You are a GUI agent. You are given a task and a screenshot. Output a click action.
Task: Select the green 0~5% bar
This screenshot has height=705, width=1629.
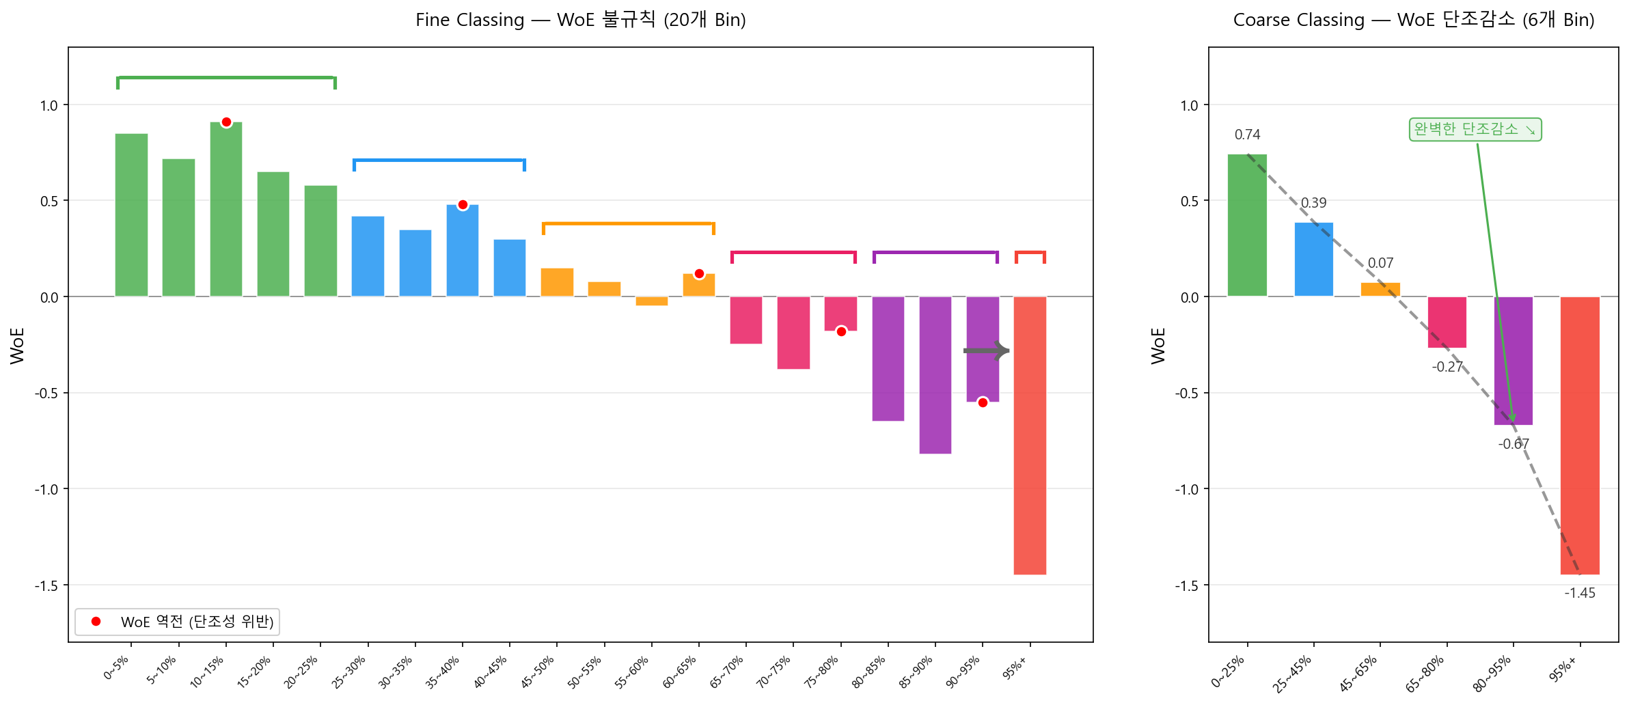(x=131, y=215)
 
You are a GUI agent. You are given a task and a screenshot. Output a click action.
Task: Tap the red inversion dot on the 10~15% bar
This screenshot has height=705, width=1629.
(x=226, y=122)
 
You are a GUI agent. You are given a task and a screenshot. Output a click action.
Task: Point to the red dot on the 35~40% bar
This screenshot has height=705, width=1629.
(x=463, y=205)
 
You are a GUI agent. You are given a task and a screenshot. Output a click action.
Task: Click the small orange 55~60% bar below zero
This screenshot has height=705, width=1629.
(x=652, y=301)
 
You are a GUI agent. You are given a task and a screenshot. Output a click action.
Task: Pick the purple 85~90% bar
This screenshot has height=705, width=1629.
(x=935, y=375)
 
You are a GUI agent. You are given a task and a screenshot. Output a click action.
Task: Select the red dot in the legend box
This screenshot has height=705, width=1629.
(x=96, y=621)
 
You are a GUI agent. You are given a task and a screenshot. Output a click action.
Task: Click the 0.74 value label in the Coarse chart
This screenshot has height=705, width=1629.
(x=1247, y=135)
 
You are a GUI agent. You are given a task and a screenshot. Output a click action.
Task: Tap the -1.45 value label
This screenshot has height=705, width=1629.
(x=1580, y=593)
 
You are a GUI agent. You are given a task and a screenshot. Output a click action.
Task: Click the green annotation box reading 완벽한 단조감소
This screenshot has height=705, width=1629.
(x=1475, y=129)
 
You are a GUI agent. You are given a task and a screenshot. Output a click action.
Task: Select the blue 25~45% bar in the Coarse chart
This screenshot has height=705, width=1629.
(x=1313, y=260)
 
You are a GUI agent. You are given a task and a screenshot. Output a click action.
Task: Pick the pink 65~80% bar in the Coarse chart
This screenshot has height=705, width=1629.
(x=1447, y=322)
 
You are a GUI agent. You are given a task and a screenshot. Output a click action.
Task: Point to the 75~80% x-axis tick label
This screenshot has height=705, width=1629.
(x=821, y=672)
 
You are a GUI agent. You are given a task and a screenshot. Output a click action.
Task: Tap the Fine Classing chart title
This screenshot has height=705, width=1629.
(x=580, y=20)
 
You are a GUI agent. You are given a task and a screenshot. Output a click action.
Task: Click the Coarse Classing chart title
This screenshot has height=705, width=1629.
(x=1413, y=20)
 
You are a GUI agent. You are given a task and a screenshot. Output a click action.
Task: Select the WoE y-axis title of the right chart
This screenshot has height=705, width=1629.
(x=1158, y=346)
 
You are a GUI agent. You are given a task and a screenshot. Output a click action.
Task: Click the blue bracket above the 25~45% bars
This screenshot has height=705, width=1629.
(x=439, y=161)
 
